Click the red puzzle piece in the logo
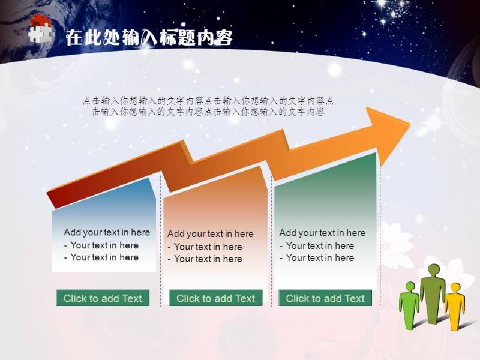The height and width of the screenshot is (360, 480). coord(39,20)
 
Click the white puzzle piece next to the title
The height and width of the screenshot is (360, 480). coord(40,34)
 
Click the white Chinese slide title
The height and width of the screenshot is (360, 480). coord(149,38)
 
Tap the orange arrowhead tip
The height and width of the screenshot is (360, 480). coord(410,124)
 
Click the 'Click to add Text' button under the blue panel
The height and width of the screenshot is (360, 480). coord(103,298)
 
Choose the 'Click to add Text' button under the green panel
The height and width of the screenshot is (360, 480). coord(325,298)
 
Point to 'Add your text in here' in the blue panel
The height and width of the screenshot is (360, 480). coord(107,232)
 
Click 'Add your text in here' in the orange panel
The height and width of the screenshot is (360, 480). coord(211,234)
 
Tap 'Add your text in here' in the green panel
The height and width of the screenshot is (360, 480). coord(322,233)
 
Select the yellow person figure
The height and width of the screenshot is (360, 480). coord(455,307)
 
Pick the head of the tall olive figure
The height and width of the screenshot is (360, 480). coord(433,270)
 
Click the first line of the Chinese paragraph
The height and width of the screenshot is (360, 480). coord(208,100)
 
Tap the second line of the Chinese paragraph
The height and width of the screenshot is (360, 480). coord(208,112)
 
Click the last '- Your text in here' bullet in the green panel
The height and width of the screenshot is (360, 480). coord(317,258)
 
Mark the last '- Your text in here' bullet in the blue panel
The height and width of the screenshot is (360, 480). coord(101,257)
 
